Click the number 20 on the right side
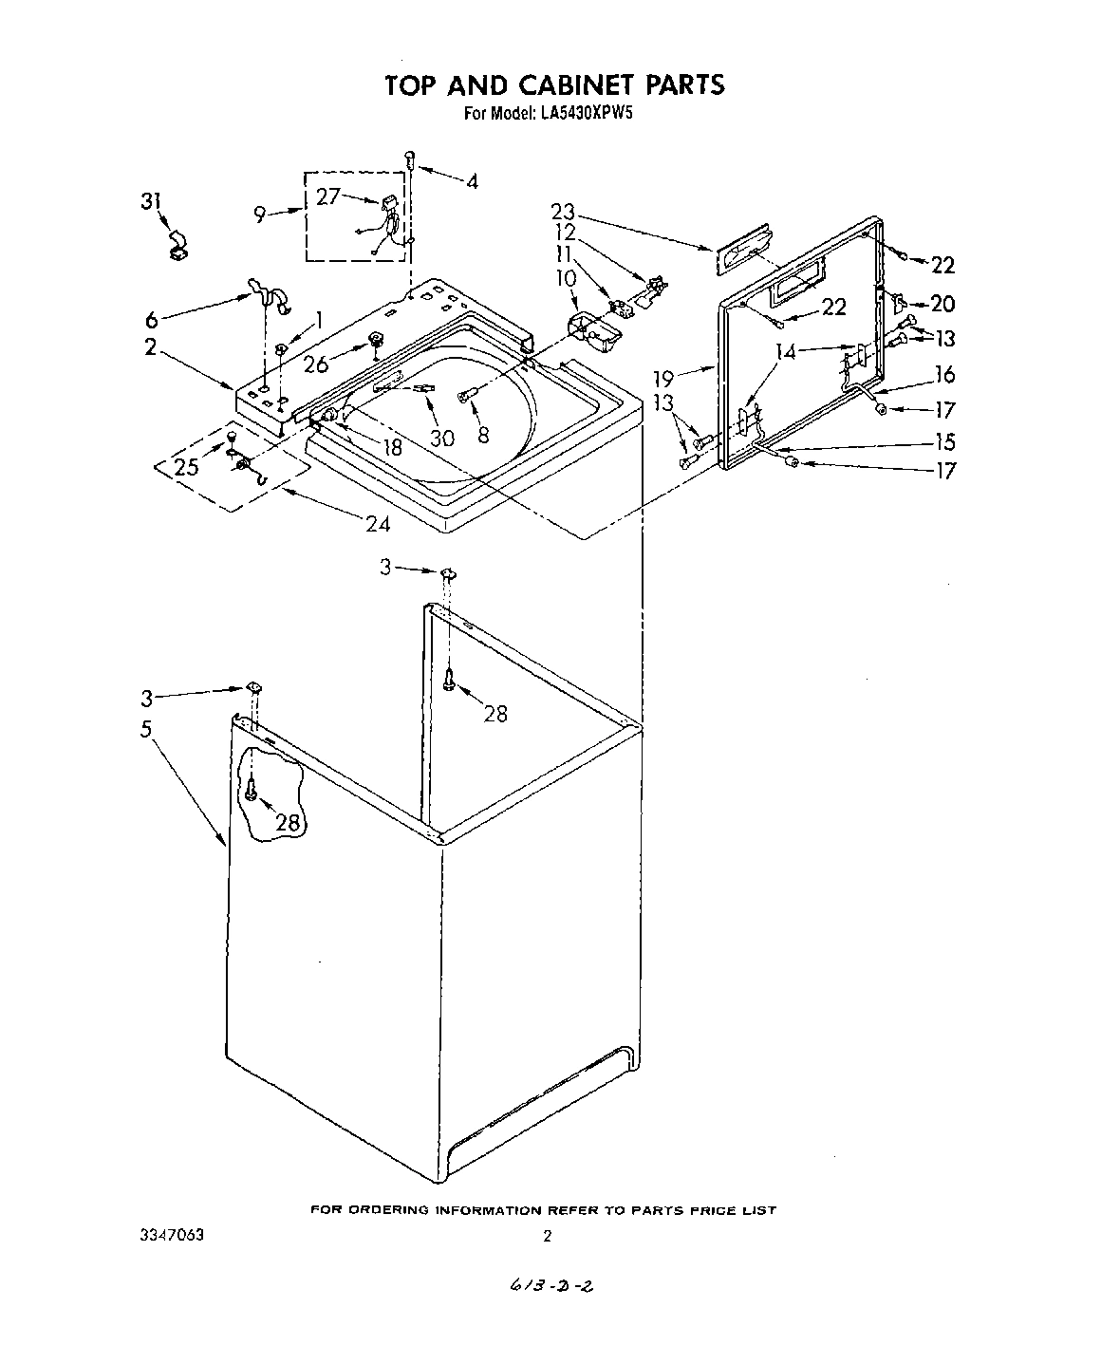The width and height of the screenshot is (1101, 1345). tap(942, 303)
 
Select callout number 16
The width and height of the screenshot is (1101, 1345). tap(944, 374)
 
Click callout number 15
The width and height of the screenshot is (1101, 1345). tap(944, 441)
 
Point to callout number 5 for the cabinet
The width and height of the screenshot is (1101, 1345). tap(147, 731)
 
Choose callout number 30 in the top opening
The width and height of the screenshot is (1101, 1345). tap(441, 438)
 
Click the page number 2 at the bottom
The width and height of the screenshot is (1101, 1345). tap(547, 1236)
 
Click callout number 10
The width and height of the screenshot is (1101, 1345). tap(566, 278)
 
